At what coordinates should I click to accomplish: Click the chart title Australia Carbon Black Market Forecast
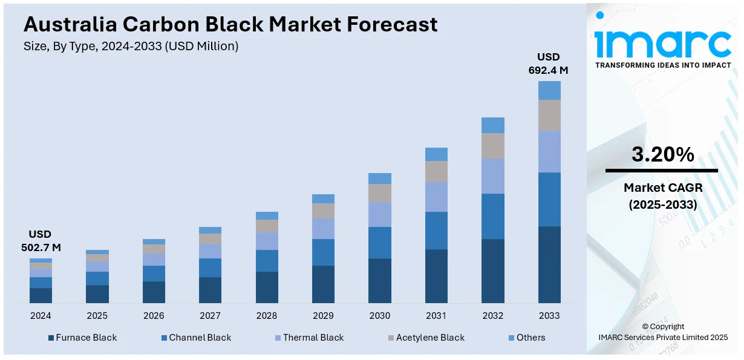coord(230,24)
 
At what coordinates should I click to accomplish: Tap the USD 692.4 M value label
coord(549,64)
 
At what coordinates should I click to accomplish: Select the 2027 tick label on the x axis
coord(210,316)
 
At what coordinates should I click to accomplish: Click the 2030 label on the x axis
coord(379,316)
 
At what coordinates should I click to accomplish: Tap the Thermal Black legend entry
coord(309,338)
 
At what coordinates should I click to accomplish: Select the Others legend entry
coord(527,338)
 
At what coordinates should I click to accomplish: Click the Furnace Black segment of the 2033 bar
coord(549,264)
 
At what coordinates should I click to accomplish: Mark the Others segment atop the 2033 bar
coord(549,90)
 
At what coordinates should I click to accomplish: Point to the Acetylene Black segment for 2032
coord(493,146)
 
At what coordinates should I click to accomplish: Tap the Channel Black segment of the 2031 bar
coord(436,231)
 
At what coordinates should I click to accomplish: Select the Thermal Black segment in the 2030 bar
coord(380,214)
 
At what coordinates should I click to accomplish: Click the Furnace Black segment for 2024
coord(41,295)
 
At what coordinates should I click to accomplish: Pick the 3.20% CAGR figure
coord(662,155)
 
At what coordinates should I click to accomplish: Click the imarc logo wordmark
coord(662,42)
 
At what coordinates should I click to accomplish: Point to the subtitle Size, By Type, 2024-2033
coord(131,46)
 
